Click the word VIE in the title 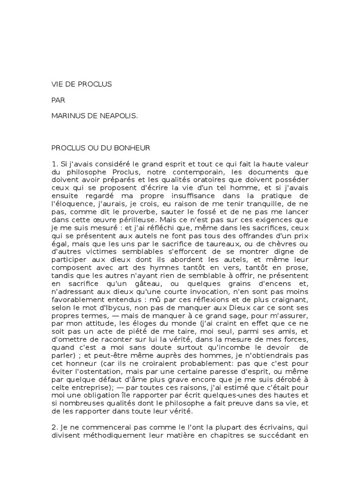[x=57, y=84]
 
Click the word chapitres [x=222, y=438]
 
